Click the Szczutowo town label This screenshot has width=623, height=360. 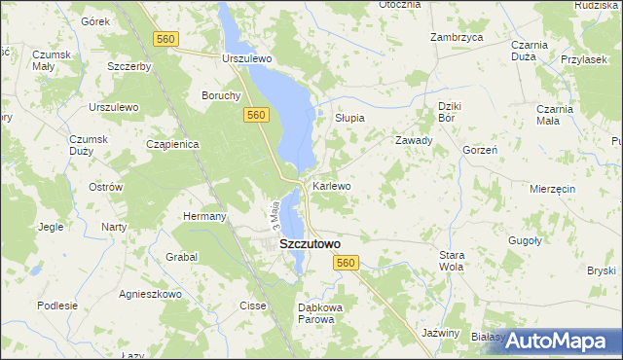point(310,245)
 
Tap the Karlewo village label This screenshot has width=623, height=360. point(331,185)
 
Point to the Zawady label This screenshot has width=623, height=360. point(413,140)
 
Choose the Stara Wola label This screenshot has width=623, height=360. point(451,260)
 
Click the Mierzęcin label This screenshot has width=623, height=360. point(553,189)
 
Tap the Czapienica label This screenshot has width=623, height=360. point(172,144)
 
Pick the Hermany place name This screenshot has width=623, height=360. point(204,216)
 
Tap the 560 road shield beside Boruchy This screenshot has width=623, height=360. point(256,115)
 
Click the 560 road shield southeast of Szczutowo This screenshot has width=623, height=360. point(346,264)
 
